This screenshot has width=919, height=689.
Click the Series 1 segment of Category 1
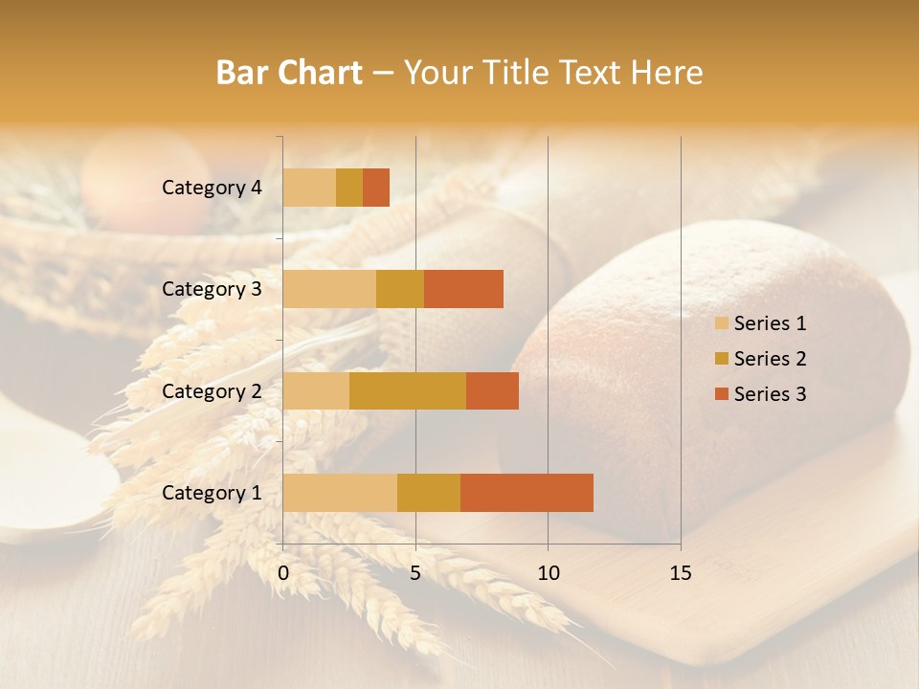pyautogui.click(x=340, y=492)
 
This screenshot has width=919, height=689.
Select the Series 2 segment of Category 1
pyautogui.click(x=429, y=492)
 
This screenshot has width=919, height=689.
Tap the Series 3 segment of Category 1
pyautogui.click(x=527, y=492)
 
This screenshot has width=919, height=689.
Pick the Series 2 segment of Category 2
pyautogui.click(x=408, y=390)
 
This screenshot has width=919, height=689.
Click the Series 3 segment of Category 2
pyautogui.click(x=492, y=390)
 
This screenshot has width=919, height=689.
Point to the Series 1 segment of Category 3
pyautogui.click(x=329, y=289)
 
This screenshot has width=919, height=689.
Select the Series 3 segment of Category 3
pyautogui.click(x=463, y=289)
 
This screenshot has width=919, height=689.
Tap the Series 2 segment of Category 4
pyautogui.click(x=349, y=188)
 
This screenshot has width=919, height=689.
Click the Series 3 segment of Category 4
pyautogui.click(x=376, y=188)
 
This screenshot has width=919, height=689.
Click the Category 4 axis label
pyautogui.click(x=212, y=188)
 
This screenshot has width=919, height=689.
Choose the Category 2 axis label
pyautogui.click(x=212, y=390)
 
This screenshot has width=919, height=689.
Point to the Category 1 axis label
pyautogui.click(x=212, y=493)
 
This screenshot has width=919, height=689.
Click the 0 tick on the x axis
pyautogui.click(x=283, y=573)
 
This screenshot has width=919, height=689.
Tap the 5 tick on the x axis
pyautogui.click(x=415, y=573)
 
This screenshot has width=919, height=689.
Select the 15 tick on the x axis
pyautogui.click(x=681, y=573)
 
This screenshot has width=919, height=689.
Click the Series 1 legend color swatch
pyautogui.click(x=721, y=323)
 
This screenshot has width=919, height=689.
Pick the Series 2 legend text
pyautogui.click(x=771, y=359)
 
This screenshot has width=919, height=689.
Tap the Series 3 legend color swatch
pyautogui.click(x=721, y=394)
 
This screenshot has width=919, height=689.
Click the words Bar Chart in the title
pyautogui.click(x=289, y=73)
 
